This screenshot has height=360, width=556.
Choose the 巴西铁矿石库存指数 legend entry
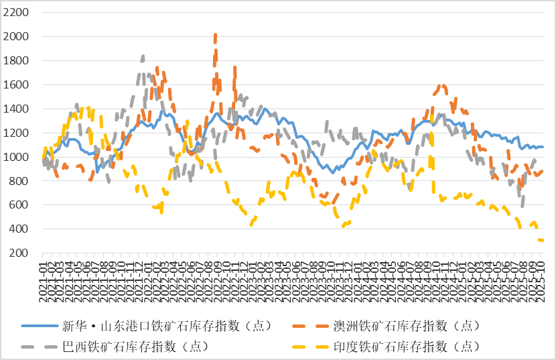coord(134,346)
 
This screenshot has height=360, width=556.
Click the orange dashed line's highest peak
coord(215,34)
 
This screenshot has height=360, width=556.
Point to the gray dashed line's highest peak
coord(143,56)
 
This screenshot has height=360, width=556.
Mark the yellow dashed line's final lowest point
coord(541,240)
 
